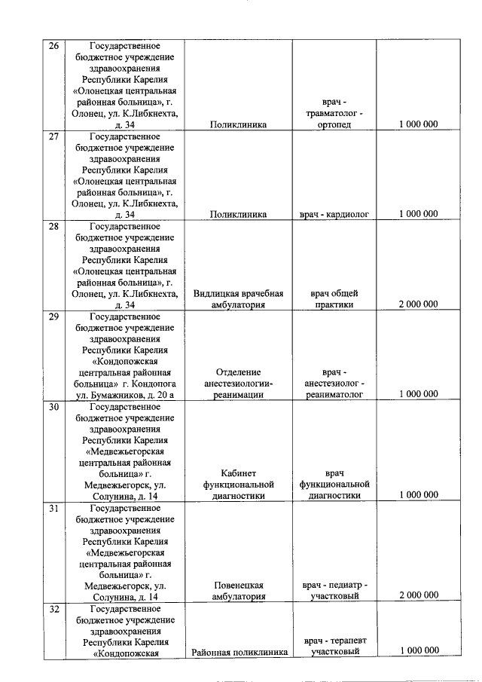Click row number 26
coord(54,47)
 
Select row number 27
coord(54,136)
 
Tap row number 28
coord(54,226)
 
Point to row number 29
coord(54,317)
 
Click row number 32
coord(54,610)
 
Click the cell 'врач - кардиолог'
coord(334,215)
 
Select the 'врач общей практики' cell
coord(334,299)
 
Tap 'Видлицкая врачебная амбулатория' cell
coord(238,299)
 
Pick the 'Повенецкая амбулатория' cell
coord(238,590)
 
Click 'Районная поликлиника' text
coord(238,652)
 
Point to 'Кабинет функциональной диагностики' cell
coord(238,485)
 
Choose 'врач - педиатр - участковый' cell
coord(334,590)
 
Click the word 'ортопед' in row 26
coord(334,125)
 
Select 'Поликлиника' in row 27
coord(238,215)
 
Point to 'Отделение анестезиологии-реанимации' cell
coord(238,383)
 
